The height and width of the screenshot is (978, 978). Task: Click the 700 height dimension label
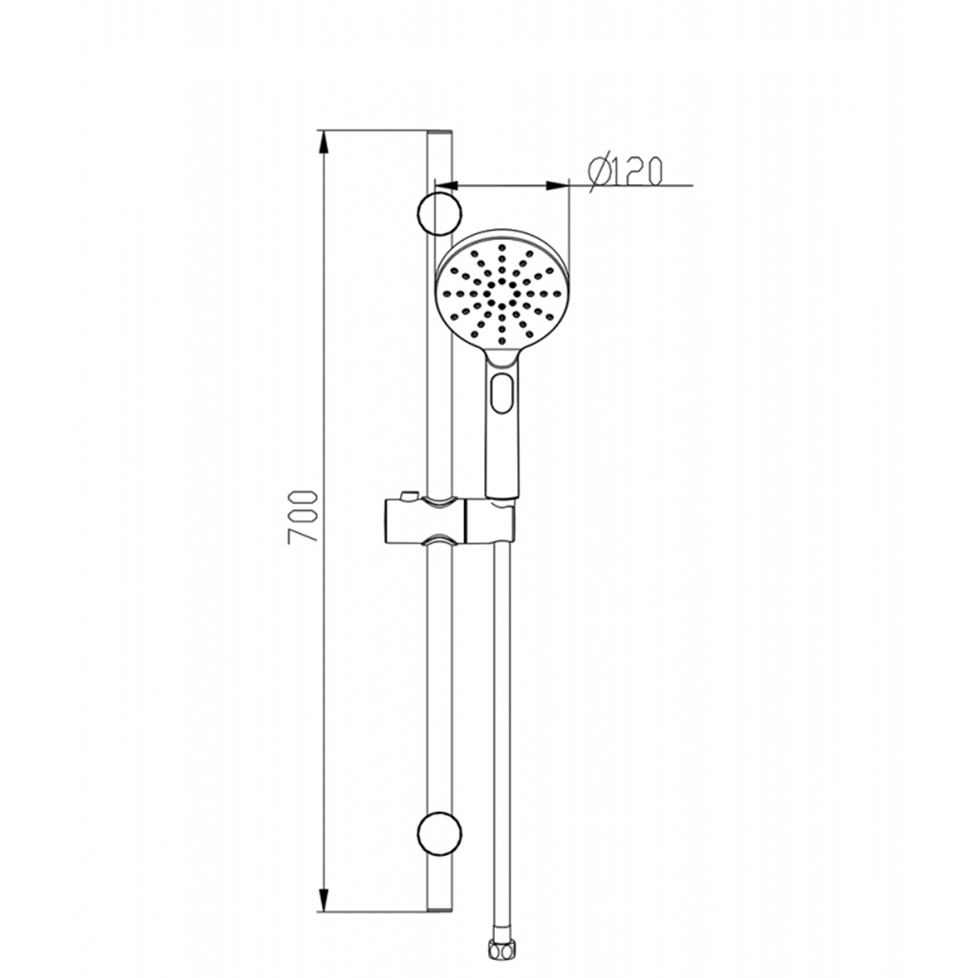tap(303, 517)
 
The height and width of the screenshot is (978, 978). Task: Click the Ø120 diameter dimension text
tap(625, 172)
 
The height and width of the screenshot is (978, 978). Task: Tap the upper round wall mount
tap(439, 214)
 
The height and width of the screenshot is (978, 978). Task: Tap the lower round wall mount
tap(439, 834)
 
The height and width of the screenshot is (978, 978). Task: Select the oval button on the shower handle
tap(502, 393)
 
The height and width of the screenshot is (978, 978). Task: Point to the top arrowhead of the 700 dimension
tap(323, 141)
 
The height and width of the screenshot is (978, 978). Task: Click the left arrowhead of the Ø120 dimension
tap(447, 185)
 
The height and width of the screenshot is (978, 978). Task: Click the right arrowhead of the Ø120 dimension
tap(557, 185)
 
